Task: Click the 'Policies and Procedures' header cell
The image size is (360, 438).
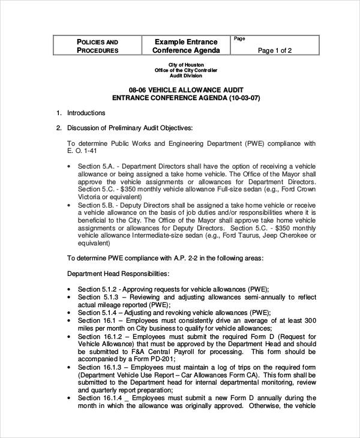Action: [x=97, y=46]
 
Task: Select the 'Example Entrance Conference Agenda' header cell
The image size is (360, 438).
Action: [x=186, y=46]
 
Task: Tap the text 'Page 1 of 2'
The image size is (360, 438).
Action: [x=274, y=50]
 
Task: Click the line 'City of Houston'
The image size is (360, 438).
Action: [x=186, y=64]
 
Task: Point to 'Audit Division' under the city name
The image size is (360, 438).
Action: [x=186, y=76]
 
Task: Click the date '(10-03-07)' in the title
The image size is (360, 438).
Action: [x=244, y=97]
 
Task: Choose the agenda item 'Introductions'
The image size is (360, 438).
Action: [x=86, y=113]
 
